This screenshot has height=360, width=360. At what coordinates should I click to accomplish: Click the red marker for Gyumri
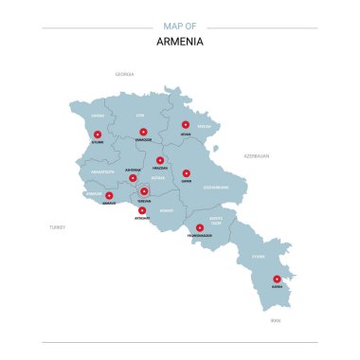pos(97,135)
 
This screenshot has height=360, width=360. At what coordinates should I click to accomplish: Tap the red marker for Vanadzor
pos(143,132)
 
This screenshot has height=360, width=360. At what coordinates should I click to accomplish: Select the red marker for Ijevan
pos(186,124)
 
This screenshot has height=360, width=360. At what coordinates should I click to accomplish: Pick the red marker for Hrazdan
pos(160,160)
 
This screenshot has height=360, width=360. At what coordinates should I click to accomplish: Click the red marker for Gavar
pos(187,173)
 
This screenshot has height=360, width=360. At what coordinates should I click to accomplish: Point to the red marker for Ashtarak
pos(133,177)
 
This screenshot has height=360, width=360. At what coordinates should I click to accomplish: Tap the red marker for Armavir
pos(109,195)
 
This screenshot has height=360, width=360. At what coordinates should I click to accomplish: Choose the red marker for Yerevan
pos(144,191)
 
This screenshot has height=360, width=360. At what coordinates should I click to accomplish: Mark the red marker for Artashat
pos(142,210)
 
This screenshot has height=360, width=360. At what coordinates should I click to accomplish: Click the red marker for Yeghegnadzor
pos(200,226)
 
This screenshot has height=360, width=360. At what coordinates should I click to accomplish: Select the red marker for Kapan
pos(277,279)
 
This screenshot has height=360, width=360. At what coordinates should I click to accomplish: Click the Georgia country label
pos(124,74)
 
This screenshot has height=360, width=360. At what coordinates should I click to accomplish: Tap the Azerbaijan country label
pos(256,155)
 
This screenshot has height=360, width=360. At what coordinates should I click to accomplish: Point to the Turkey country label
pos(58,227)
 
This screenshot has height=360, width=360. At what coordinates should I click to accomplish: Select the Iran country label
pos(276,321)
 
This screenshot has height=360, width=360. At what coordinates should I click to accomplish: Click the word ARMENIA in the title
pos(180,42)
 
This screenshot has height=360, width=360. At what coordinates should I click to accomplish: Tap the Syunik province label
pos(258,256)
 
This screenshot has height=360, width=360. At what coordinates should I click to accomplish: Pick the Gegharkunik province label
pos(218,187)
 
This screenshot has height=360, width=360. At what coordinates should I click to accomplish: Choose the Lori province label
pos(140,116)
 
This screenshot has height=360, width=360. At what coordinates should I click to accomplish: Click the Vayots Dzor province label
pos(216,221)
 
